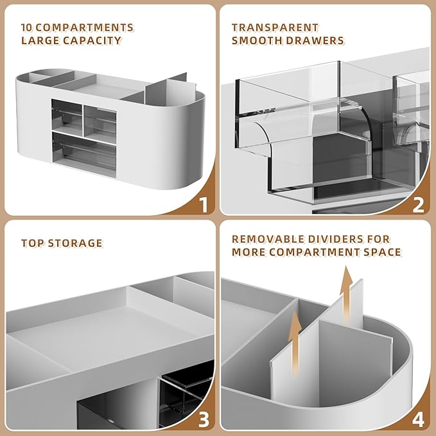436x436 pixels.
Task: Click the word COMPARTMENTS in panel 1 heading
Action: (x=85, y=28)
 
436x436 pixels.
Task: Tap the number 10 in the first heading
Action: (x=27, y=28)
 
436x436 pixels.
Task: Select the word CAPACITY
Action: (x=92, y=40)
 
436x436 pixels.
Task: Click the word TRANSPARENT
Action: (x=275, y=28)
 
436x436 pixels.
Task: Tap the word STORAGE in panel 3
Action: (x=75, y=243)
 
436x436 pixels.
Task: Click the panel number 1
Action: (x=204, y=205)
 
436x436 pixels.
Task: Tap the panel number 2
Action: (x=419, y=205)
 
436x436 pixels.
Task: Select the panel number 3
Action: (x=204, y=420)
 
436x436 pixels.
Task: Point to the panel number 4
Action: (x=418, y=420)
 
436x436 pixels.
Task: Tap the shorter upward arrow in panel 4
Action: (x=295, y=344)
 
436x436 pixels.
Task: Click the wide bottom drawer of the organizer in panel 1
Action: (x=84, y=154)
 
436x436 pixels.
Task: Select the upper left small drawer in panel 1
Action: (x=67, y=118)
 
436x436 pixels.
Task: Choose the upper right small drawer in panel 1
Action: (x=100, y=125)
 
